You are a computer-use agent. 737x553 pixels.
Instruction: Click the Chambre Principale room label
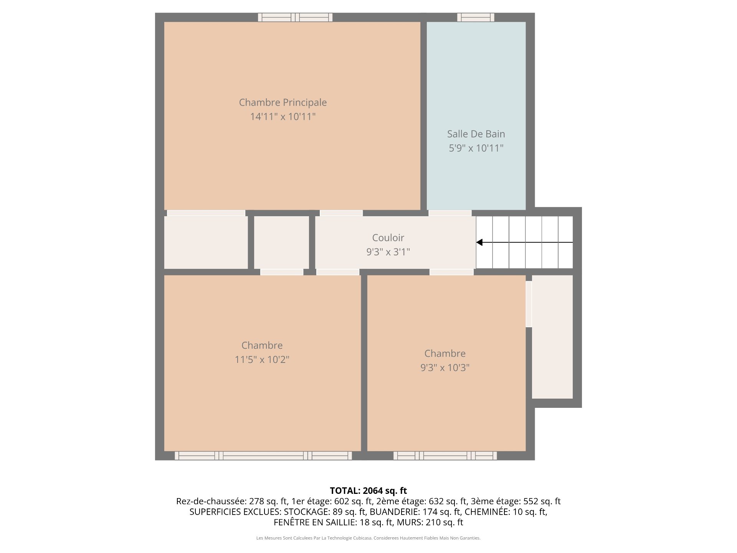(283, 103)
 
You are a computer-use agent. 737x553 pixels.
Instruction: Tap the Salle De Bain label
(476, 134)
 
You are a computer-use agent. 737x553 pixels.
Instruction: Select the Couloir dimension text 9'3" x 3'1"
(388, 252)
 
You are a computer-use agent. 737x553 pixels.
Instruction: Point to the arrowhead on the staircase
(479, 242)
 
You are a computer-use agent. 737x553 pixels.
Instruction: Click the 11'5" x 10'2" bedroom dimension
(262, 359)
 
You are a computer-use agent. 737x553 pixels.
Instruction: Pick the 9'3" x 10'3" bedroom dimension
(445, 368)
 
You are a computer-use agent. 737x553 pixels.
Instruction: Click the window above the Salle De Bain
(476, 17)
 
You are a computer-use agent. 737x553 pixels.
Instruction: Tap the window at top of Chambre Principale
(295, 17)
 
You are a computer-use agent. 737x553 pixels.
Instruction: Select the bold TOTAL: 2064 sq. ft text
(368, 491)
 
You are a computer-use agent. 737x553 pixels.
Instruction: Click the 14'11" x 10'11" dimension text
(283, 116)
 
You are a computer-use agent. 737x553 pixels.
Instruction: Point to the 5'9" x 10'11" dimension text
(476, 148)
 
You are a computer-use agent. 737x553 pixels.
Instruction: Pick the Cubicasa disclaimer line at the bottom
(368, 538)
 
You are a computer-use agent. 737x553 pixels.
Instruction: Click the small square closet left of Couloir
(281, 242)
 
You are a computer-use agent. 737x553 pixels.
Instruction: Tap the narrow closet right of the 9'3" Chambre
(552, 337)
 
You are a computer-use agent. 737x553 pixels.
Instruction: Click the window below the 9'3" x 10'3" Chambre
(445, 455)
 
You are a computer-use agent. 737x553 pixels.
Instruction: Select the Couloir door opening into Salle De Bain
(450, 213)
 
